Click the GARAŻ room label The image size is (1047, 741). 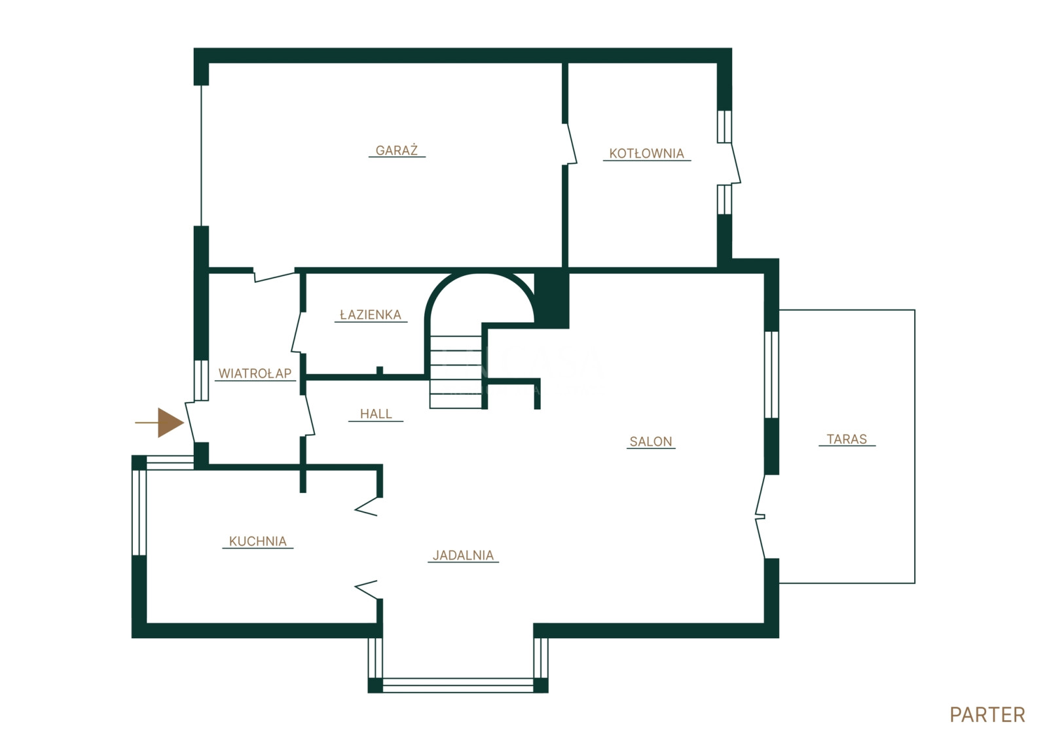(x=396, y=151)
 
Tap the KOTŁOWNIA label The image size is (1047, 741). (x=646, y=154)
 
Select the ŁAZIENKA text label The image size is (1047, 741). (x=371, y=315)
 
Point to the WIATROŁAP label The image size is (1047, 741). (x=255, y=373)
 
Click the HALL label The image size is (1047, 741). (x=376, y=414)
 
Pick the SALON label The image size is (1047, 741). (x=651, y=441)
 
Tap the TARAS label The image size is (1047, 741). (x=847, y=439)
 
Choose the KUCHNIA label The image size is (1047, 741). (x=257, y=541)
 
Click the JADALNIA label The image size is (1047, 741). (x=463, y=555)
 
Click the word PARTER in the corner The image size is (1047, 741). (x=987, y=715)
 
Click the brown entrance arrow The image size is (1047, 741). (x=160, y=423)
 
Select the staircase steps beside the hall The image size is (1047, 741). (x=456, y=372)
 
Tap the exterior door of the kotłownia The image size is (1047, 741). (x=733, y=164)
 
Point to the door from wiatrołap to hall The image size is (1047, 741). (x=308, y=416)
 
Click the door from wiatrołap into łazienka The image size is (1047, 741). (x=298, y=333)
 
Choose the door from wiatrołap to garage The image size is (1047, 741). (x=274, y=275)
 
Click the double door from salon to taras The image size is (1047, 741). (x=760, y=516)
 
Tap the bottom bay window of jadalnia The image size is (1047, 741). (x=458, y=685)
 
